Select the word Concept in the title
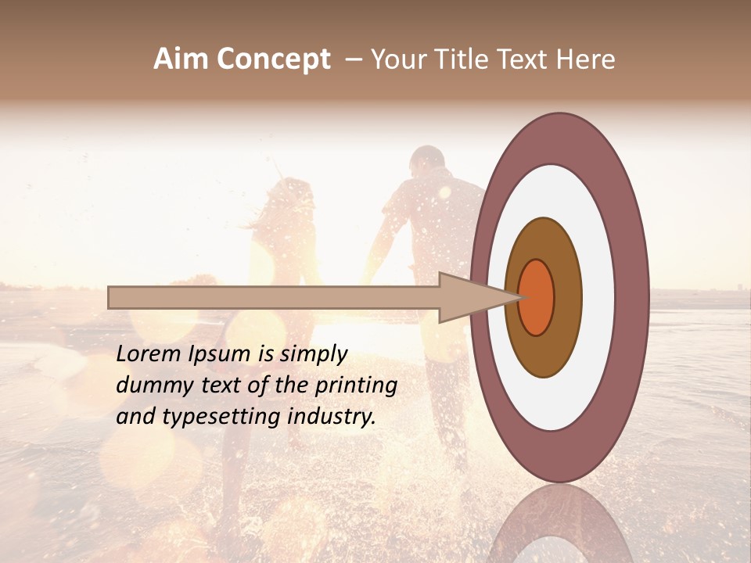[x=273, y=59]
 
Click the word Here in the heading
[x=586, y=59]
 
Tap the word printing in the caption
[x=358, y=385]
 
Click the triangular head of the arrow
[x=469, y=297]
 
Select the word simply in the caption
[x=313, y=354]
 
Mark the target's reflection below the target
[x=559, y=524]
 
